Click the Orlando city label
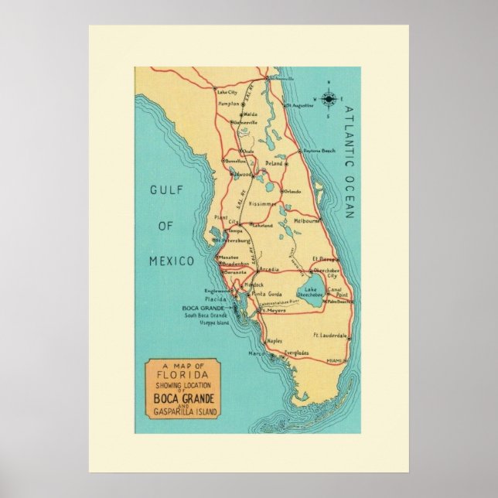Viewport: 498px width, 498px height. (x=292, y=191)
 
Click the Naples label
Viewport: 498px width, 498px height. (x=274, y=340)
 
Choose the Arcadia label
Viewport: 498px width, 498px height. (x=269, y=271)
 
